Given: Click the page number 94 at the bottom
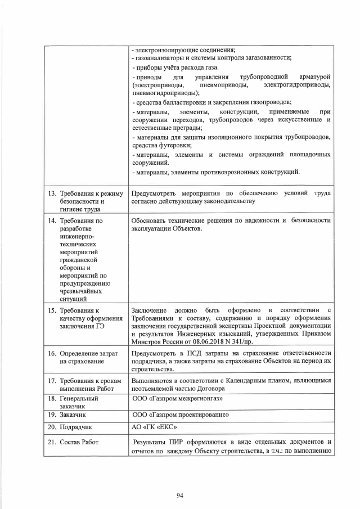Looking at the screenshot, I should pos(180,495).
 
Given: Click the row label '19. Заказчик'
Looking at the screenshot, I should pos(71,415).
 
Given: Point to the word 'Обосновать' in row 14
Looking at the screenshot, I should pos(150,220).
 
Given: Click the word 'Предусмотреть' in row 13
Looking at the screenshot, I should pos(156,193).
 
